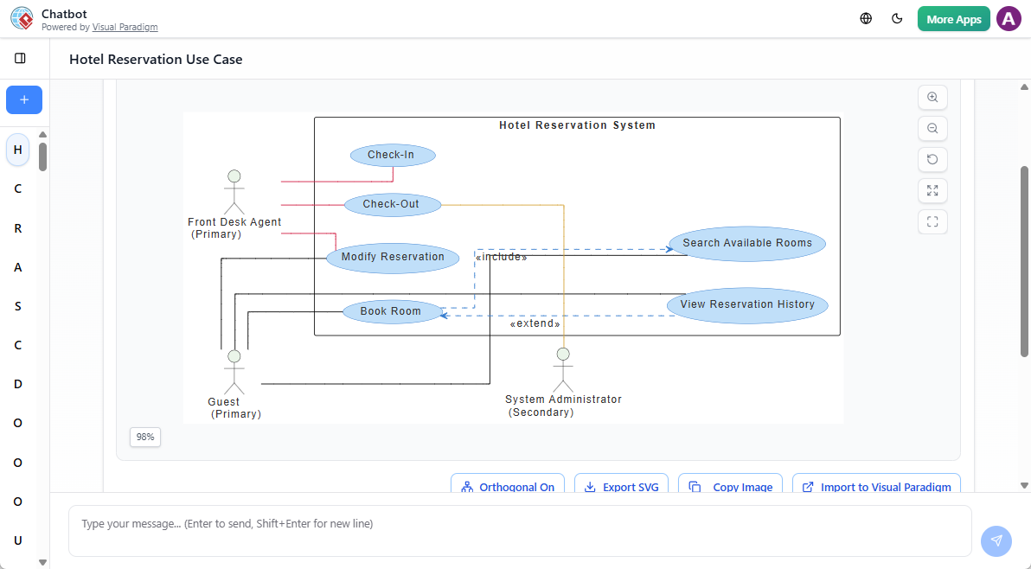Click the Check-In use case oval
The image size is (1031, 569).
click(x=392, y=156)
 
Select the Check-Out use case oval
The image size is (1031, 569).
click(x=392, y=205)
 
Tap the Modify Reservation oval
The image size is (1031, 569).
click(x=393, y=258)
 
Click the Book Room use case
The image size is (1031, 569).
click(x=392, y=311)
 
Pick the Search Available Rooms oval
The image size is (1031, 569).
click(x=747, y=243)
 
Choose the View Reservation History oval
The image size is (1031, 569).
click(x=747, y=305)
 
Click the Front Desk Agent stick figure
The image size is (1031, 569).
click(x=234, y=191)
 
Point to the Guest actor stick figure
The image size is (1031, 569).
click(x=234, y=371)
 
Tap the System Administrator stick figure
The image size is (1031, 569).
click(x=563, y=369)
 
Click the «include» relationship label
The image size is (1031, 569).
click(x=501, y=257)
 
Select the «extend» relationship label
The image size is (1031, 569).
click(x=535, y=324)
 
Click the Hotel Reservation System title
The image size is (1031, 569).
click(x=577, y=125)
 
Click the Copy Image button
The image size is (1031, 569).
click(x=731, y=487)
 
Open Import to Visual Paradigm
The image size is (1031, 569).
click(x=877, y=487)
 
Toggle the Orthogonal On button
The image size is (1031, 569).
click(x=508, y=487)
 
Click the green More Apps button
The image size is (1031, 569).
click(x=953, y=19)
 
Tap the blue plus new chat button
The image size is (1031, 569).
click(x=24, y=100)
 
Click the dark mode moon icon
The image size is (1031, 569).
click(x=897, y=19)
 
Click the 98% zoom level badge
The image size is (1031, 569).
click(x=145, y=438)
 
